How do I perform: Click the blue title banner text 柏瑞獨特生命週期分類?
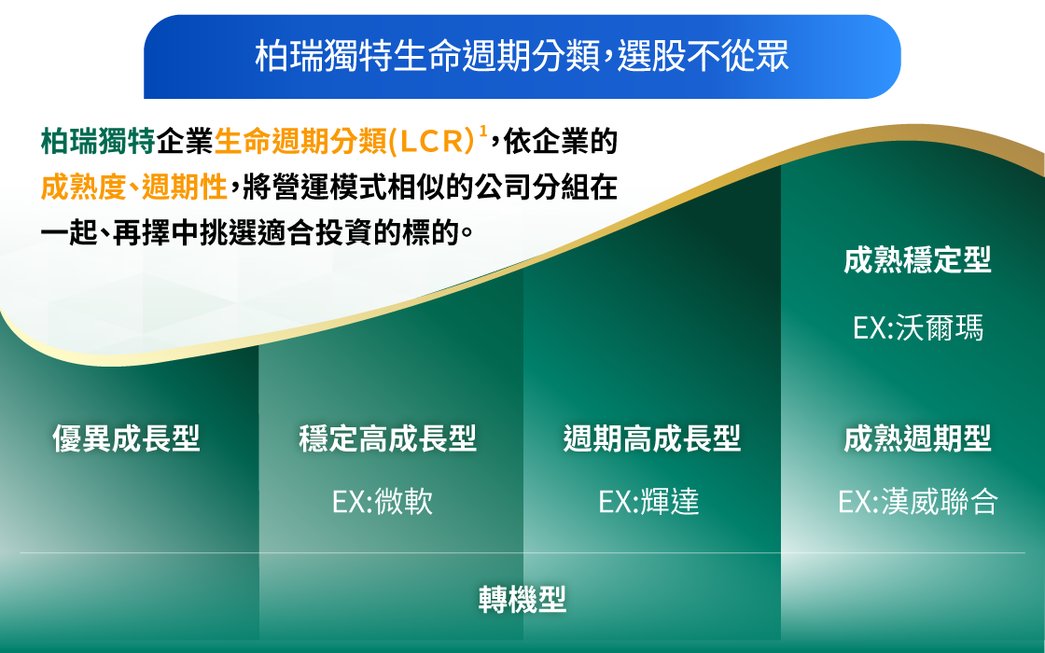click(x=428, y=55)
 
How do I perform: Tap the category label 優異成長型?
click(x=126, y=438)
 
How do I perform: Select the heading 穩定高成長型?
click(x=387, y=438)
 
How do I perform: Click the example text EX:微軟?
click(x=383, y=502)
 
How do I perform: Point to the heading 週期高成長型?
click(x=652, y=438)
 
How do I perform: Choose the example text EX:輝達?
click(x=649, y=502)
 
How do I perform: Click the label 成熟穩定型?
click(x=917, y=260)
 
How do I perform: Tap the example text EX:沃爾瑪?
click(x=918, y=327)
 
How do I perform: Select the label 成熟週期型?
click(x=917, y=438)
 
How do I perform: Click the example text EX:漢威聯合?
click(x=918, y=502)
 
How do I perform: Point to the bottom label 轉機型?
click(x=522, y=600)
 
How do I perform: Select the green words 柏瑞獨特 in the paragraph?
click(x=98, y=141)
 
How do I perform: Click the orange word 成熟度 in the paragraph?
click(x=83, y=188)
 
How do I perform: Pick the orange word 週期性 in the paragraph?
click(x=184, y=188)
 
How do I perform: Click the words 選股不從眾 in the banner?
click(x=704, y=55)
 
